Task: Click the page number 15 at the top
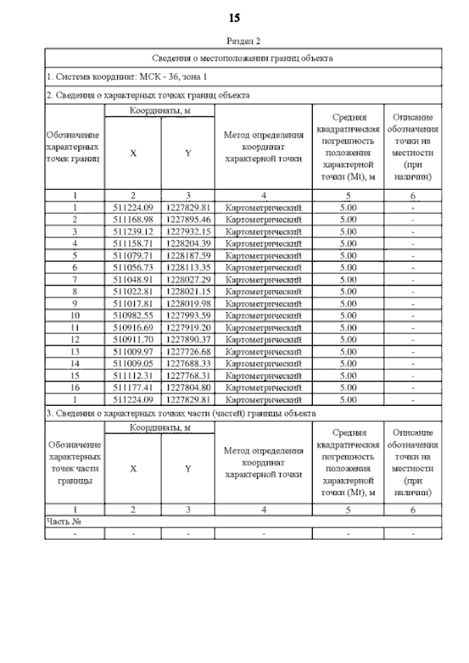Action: tap(234, 17)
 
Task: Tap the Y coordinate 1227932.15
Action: tap(188, 232)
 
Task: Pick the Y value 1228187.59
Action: tap(188, 255)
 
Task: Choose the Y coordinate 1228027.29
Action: tap(188, 279)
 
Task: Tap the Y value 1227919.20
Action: tap(188, 327)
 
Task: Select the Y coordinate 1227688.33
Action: tap(188, 363)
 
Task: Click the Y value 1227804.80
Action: tap(188, 388)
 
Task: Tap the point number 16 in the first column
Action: tap(75, 388)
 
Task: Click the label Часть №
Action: tap(63, 522)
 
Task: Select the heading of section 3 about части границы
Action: tap(181, 413)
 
